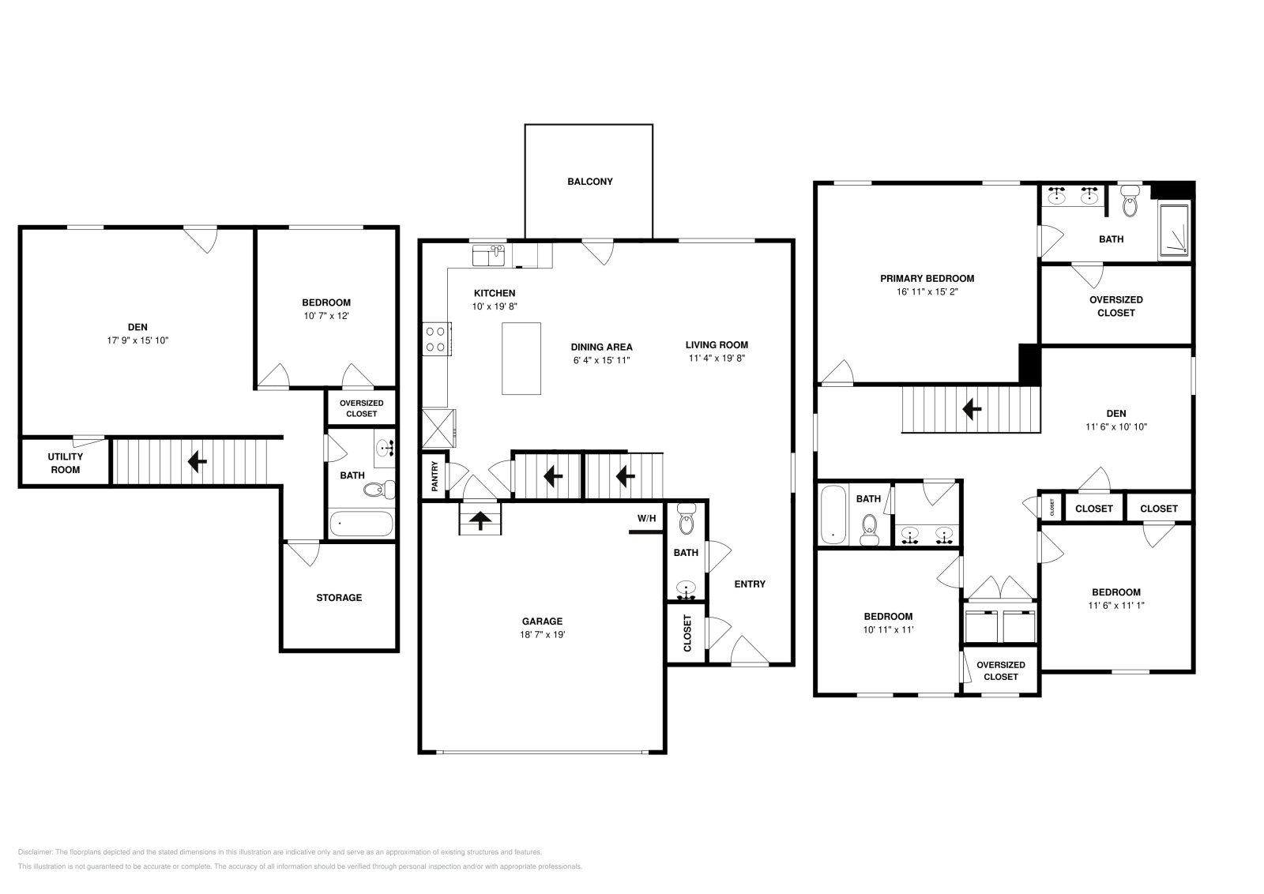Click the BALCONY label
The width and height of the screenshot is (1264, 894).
point(589,182)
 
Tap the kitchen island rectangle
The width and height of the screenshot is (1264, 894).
point(521,358)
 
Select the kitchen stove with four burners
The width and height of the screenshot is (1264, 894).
point(435,339)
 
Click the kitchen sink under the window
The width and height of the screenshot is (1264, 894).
point(488,255)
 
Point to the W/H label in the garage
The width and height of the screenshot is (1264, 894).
point(646,518)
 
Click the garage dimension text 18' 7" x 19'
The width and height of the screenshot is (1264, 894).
point(541,634)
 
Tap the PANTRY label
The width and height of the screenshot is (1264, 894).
point(434,477)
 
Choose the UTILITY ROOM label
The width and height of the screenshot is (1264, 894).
point(65,463)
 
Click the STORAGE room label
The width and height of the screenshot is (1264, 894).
point(339,598)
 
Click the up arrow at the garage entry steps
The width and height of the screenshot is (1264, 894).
point(480,520)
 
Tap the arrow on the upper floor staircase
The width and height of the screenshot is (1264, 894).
point(971,409)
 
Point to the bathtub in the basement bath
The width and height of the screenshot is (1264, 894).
point(361,523)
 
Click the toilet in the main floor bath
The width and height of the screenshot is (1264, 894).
point(686,521)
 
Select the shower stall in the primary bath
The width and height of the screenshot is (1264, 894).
point(1175,229)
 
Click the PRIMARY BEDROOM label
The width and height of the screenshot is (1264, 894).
point(927,278)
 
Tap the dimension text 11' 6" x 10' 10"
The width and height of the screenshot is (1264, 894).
point(1115,426)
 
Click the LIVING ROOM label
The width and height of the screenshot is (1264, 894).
point(716,344)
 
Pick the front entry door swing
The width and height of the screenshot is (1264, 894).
point(749,651)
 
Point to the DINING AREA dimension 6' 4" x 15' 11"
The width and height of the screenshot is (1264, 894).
point(601,360)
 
